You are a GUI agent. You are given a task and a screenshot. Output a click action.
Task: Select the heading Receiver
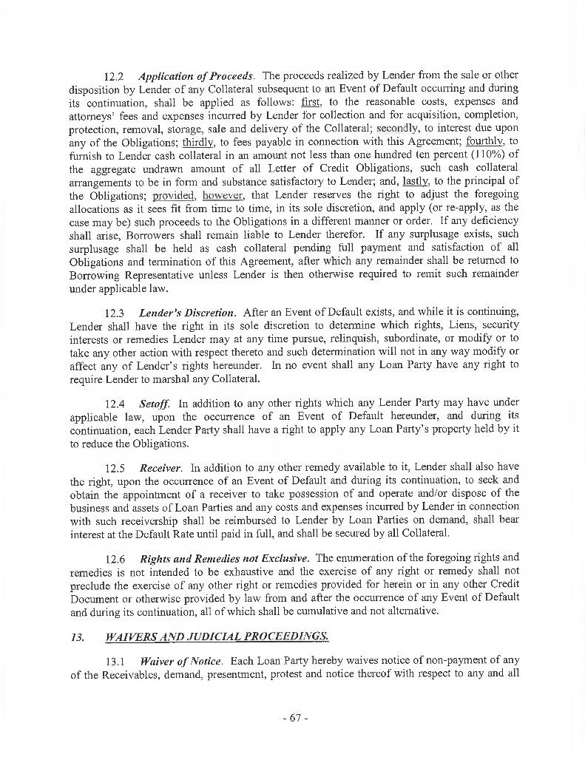click(x=161, y=467)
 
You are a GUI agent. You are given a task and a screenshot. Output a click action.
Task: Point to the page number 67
click(x=295, y=718)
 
